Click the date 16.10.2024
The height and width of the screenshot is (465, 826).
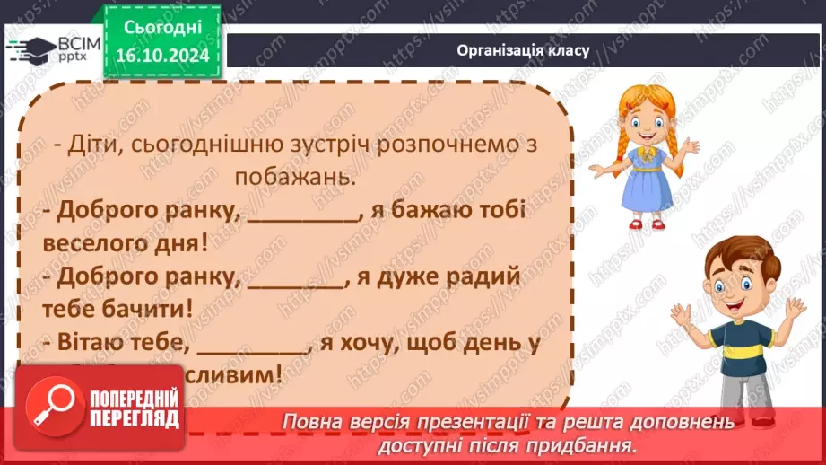pos(162,56)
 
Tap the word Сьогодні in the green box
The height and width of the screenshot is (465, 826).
pos(162,29)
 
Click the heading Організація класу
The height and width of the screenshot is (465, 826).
pos(523,50)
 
